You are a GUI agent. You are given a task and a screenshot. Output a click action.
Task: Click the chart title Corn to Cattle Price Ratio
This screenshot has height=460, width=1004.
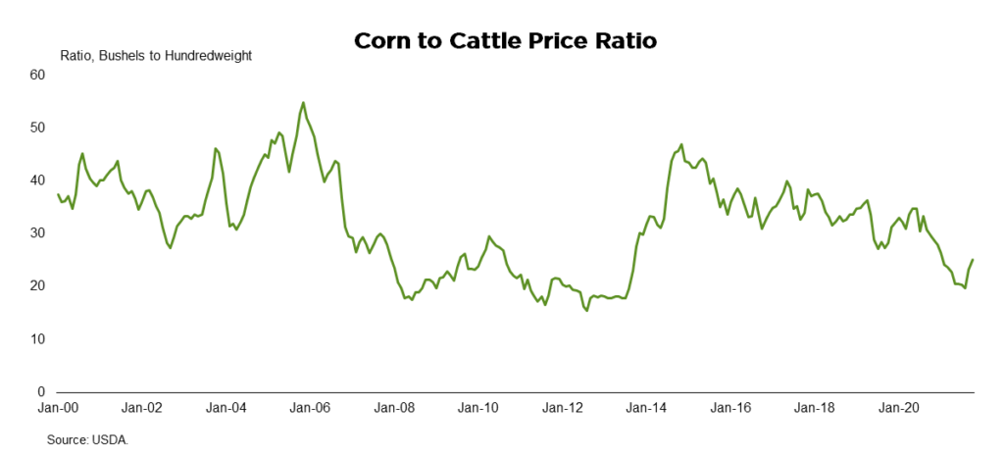coord(502,41)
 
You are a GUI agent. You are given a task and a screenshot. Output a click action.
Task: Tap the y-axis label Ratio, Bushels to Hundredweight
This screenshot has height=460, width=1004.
coord(156,56)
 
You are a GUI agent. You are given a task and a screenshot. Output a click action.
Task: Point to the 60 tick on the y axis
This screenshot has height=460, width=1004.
coord(38,75)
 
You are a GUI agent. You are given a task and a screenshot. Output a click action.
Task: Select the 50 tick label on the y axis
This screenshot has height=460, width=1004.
coord(38,128)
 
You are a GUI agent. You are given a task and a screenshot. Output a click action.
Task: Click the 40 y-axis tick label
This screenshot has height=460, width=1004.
coord(38,180)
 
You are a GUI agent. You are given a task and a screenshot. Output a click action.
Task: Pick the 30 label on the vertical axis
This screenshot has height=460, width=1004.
coord(38,233)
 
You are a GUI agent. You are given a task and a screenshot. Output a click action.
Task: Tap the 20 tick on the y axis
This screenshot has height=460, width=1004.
coord(38,286)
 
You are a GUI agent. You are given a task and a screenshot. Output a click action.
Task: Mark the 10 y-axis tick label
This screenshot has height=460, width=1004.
coord(38,339)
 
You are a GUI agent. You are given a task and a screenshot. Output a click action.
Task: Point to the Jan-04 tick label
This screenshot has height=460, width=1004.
coord(227,407)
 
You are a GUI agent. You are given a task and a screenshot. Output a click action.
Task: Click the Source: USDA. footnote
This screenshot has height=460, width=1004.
coord(87,440)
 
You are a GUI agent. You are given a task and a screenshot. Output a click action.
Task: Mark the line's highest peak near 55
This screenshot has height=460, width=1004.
coord(303,102)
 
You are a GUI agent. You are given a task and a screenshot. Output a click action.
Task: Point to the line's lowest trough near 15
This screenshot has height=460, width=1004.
coord(586,311)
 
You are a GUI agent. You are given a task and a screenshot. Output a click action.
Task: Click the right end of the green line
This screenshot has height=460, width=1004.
coord(973,260)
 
